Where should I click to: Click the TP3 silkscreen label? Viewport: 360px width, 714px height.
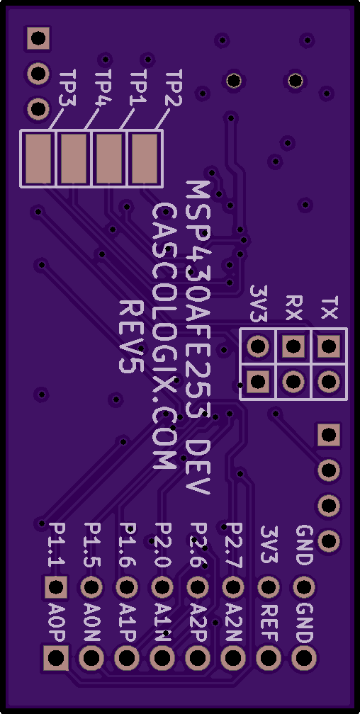pyautogui.click(x=68, y=89)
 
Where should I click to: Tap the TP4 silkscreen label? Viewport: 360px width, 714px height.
pyautogui.click(x=104, y=89)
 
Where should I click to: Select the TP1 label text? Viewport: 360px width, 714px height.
pyautogui.click(x=138, y=87)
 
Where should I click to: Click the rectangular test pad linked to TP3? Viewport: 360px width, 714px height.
pyautogui.click(x=38, y=159)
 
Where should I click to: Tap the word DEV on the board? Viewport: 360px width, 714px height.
pyautogui.click(x=198, y=467)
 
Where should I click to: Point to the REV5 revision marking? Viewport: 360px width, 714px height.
pyautogui.click(x=131, y=336)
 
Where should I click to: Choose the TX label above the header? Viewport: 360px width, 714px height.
pyautogui.click(x=329, y=308)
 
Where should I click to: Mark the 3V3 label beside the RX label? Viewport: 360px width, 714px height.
pyautogui.click(x=259, y=304)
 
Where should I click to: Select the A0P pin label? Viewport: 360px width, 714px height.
pyautogui.click(x=57, y=622)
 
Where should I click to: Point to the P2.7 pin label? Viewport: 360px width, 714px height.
pyautogui.click(x=235, y=545)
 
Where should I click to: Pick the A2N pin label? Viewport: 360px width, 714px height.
pyautogui.click(x=235, y=622)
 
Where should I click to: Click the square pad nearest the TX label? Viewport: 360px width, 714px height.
pyautogui.click(x=329, y=347)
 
